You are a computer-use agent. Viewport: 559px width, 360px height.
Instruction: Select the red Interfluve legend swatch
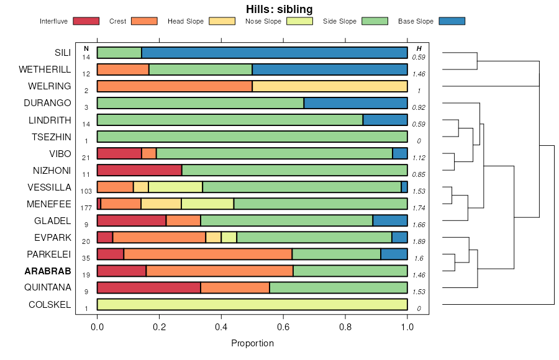pos(86,21)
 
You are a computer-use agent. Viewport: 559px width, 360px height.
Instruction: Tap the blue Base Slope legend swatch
pos(452,21)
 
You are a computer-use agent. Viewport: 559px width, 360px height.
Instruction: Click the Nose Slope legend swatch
pos(299,21)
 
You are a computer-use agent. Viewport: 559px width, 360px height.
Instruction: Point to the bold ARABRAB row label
pos(48,271)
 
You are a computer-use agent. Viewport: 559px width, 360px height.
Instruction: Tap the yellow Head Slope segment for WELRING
pos(330,86)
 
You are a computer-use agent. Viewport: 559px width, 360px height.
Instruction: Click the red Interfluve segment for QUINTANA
pos(149,287)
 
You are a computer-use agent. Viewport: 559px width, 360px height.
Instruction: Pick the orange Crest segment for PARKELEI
pos(208,254)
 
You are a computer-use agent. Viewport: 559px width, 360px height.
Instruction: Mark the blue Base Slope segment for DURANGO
pos(356,103)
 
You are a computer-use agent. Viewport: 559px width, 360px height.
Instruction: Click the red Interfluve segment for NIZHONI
pos(140,170)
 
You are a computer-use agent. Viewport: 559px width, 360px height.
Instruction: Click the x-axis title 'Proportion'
pos(252,343)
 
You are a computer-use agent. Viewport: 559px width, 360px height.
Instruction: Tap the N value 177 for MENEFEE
pos(86,208)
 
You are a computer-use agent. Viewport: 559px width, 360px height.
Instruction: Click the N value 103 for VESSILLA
pos(86,191)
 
